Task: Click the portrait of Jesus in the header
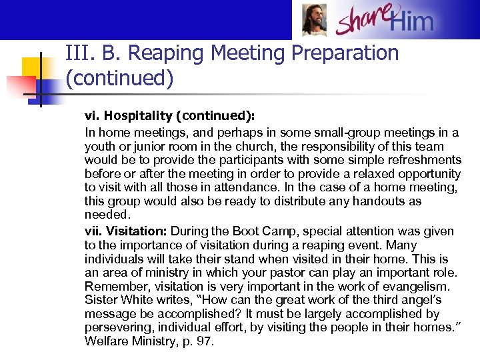click(314, 20)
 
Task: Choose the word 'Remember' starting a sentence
click(113, 286)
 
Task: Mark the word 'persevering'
click(116, 327)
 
